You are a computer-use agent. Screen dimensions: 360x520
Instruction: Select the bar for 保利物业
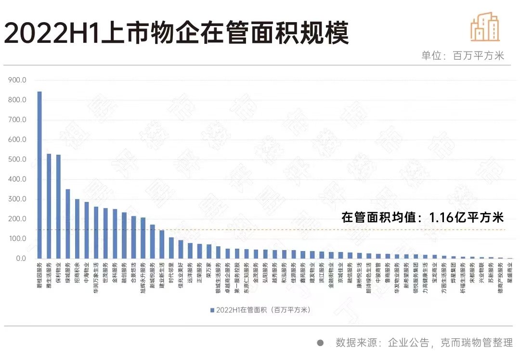58,207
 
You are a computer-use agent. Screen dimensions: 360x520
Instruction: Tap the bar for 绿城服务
68,224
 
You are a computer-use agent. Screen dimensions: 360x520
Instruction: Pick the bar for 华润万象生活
96,233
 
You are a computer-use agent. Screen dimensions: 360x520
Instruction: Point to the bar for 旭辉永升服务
143,238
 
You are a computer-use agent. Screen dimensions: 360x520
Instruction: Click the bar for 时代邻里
171,248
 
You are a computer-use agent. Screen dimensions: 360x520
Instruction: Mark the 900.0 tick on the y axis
17,80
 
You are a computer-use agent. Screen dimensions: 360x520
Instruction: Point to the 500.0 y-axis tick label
17,160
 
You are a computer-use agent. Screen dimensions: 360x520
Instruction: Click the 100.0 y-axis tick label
17,239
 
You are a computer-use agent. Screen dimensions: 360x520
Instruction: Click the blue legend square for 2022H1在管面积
212,310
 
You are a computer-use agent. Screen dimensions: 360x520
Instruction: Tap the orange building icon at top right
485,27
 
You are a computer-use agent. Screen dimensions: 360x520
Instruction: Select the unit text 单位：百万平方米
462,55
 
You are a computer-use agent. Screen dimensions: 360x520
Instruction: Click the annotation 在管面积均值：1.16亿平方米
422,217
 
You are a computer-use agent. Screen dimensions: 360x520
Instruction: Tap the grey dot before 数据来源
320,343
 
